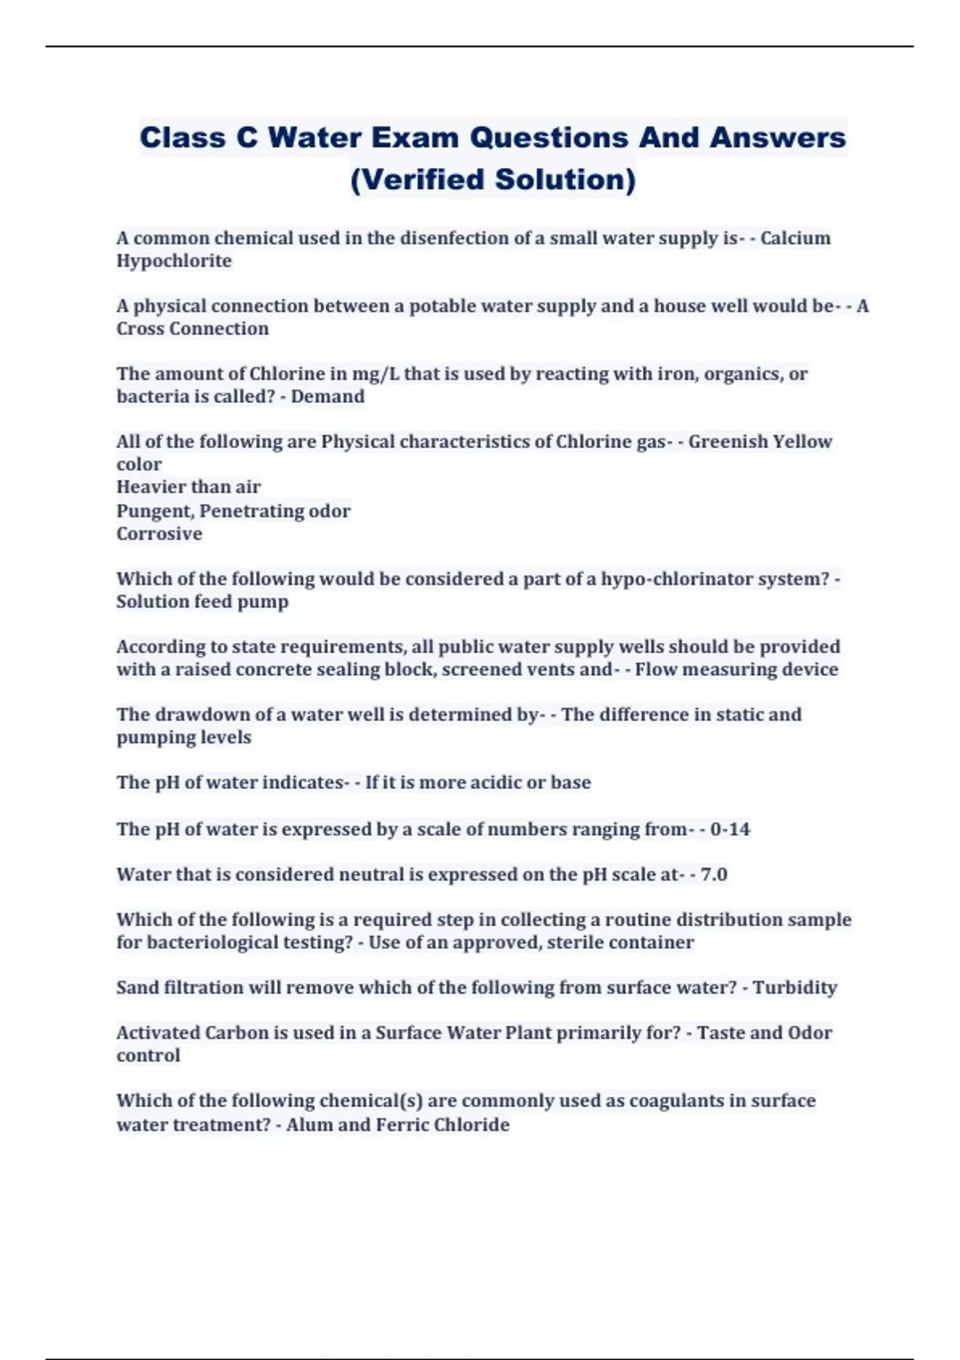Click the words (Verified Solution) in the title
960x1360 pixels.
[493, 179]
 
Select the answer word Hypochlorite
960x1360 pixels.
[174, 261]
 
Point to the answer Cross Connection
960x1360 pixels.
[192, 329]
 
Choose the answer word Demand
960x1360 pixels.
[327, 397]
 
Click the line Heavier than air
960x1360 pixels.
[188, 487]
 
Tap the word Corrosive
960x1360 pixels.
[159, 534]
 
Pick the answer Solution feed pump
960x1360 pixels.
[202, 602]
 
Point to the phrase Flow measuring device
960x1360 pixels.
[736, 670]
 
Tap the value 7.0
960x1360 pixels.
[714, 874]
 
